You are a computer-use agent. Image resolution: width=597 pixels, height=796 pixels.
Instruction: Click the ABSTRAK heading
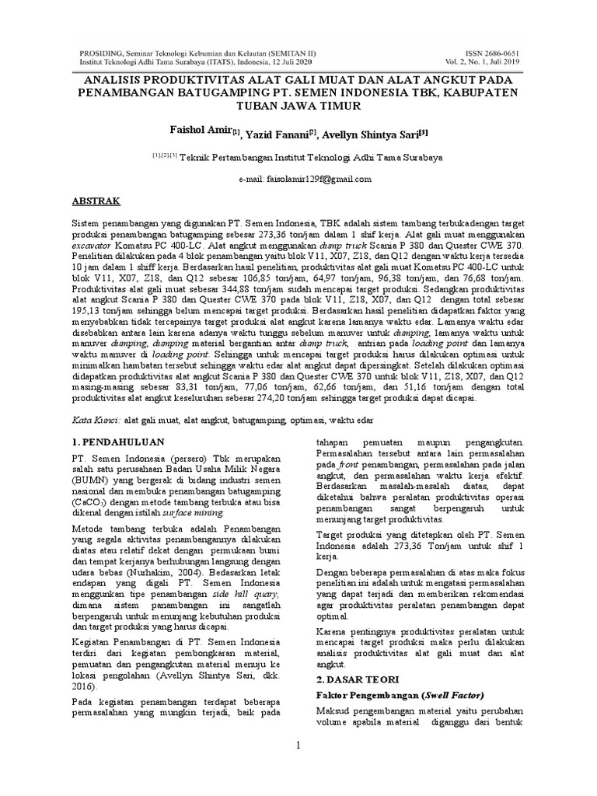[x=97, y=201]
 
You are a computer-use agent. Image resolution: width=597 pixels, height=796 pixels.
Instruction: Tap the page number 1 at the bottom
[x=298, y=745]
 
